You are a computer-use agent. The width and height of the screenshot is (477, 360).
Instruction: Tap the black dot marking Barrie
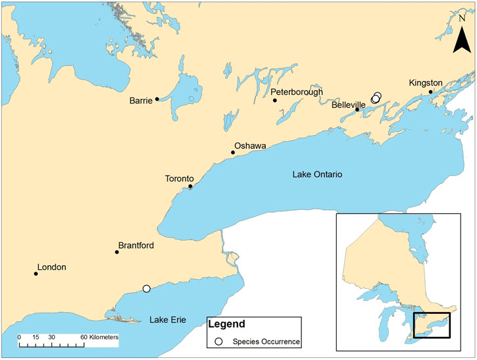coord(157,99)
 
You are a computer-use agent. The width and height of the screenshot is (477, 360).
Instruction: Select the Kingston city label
coord(427,83)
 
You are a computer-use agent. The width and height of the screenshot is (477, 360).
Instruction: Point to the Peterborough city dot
coord(274,100)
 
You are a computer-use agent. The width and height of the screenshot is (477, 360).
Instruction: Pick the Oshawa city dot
coord(232,153)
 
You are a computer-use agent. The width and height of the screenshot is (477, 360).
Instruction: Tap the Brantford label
coord(136,246)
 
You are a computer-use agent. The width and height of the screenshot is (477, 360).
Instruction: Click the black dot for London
coord(36,274)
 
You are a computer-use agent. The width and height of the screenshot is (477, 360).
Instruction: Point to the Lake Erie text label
coord(167,320)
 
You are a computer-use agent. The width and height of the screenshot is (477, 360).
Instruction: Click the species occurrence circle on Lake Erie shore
coord(146,288)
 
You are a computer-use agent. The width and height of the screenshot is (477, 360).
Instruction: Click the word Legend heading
coord(226,324)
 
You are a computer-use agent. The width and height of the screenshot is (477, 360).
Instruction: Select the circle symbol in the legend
coord(218,342)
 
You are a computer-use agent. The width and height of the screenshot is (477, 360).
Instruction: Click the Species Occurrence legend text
coord(262,342)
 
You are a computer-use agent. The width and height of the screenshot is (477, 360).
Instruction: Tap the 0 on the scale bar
coord(19,337)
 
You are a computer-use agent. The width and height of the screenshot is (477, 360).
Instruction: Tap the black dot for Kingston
coord(431,92)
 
